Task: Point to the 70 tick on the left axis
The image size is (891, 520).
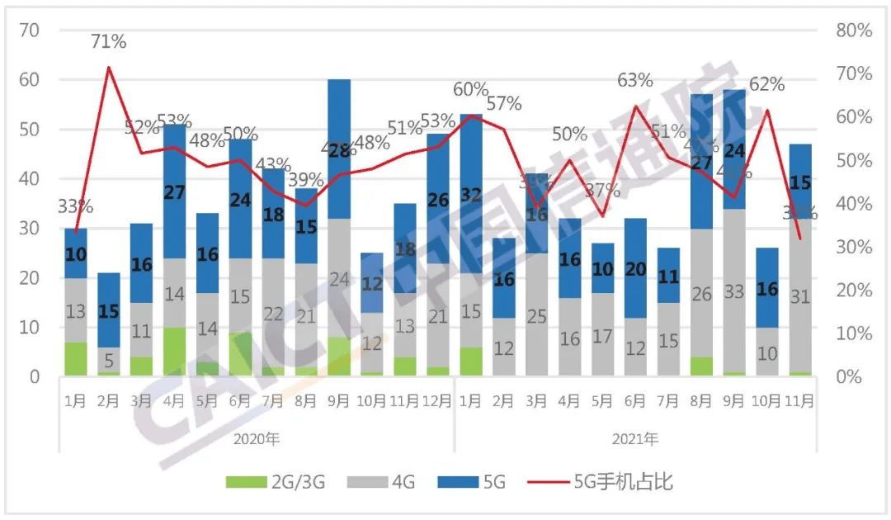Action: [30, 31]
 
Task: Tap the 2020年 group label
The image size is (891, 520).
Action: [257, 437]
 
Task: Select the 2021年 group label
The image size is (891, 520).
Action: [635, 437]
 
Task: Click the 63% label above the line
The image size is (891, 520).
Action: [635, 80]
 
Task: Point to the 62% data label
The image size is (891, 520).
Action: [767, 84]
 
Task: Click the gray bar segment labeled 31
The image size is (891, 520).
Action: [799, 297]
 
